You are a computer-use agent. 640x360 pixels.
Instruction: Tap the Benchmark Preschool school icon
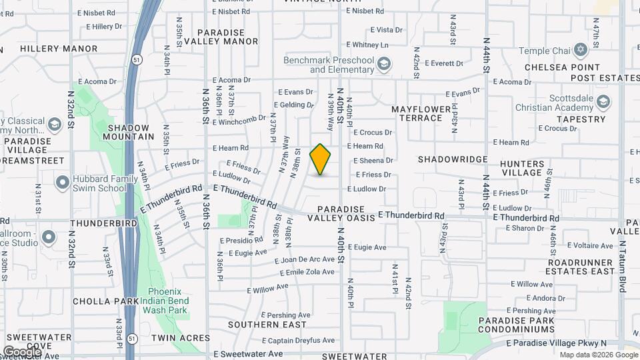(383, 65)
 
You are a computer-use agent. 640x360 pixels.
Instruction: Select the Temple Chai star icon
(580, 50)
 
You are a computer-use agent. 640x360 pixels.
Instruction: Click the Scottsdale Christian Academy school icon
(603, 101)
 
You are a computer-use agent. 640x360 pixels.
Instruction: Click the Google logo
(21, 351)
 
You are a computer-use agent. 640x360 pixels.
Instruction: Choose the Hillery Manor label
(59, 49)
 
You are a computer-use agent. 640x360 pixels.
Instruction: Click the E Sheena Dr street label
(373, 160)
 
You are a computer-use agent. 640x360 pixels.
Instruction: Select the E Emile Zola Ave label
(307, 273)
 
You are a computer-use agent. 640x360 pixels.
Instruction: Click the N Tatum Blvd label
(623, 266)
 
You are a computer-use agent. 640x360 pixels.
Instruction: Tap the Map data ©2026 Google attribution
(598, 355)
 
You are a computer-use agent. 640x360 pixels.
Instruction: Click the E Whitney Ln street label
(371, 45)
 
